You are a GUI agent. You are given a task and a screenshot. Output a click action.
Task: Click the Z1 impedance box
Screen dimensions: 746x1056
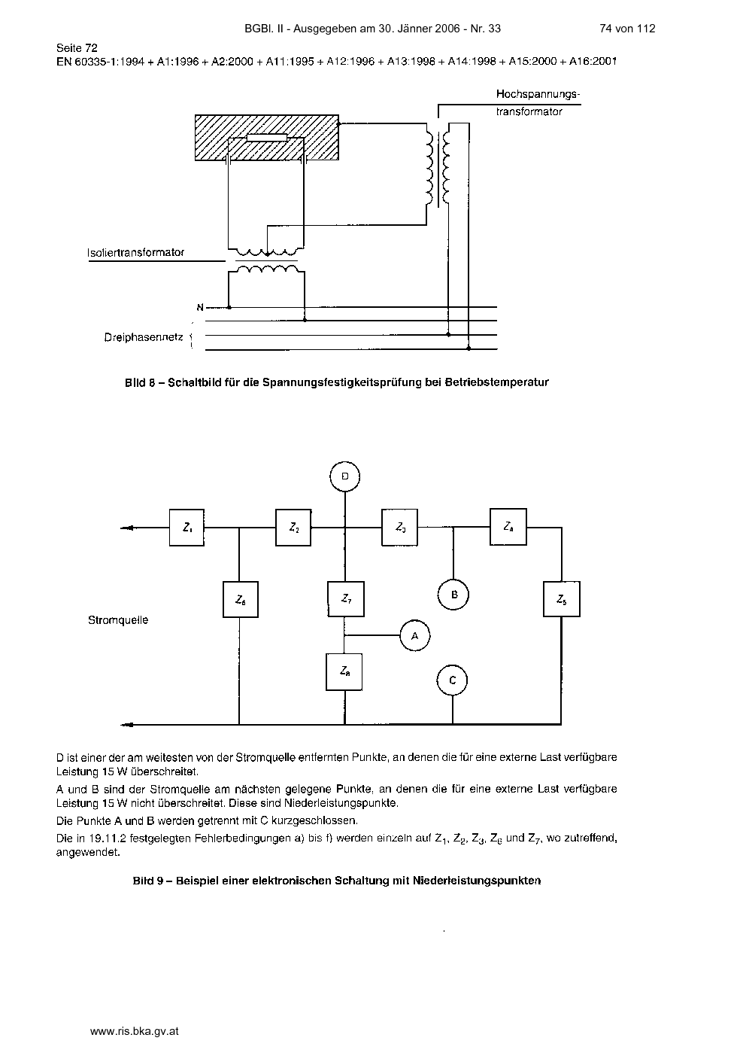click(186, 528)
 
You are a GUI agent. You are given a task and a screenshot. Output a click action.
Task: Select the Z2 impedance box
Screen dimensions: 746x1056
click(293, 528)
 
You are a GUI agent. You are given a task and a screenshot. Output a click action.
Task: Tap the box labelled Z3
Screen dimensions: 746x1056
click(399, 528)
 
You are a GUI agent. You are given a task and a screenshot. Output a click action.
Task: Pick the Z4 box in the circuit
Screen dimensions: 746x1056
click(508, 527)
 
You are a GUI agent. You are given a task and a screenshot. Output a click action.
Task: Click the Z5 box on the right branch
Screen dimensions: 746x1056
click(562, 599)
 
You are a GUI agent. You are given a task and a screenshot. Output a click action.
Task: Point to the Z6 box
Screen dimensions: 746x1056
click(240, 600)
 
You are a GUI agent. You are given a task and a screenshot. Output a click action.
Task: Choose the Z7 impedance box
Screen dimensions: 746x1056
click(346, 599)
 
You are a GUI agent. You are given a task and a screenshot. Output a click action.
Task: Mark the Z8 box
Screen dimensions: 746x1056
click(344, 672)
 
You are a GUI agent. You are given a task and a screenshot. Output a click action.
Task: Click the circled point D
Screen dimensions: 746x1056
click(344, 476)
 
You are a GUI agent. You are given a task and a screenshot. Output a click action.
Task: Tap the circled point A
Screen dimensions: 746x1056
click(414, 636)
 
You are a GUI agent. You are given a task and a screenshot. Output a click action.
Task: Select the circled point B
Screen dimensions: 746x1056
click(453, 595)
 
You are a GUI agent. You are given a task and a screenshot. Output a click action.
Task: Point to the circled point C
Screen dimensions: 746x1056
click(452, 680)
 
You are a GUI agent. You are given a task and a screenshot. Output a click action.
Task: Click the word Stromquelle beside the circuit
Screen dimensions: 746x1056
click(118, 620)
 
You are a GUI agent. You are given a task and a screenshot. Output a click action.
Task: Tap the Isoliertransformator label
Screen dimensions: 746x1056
click(135, 253)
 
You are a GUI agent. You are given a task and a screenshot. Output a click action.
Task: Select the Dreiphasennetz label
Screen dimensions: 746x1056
click(144, 337)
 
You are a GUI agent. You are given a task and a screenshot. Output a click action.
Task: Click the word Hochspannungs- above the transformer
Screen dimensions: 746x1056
click(538, 94)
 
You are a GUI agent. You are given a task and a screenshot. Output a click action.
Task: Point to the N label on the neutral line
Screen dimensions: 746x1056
click(200, 307)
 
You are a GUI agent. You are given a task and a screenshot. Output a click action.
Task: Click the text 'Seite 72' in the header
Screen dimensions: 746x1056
click(77, 48)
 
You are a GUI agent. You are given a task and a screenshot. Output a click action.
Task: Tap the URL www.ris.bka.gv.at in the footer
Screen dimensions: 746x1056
click(134, 1031)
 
